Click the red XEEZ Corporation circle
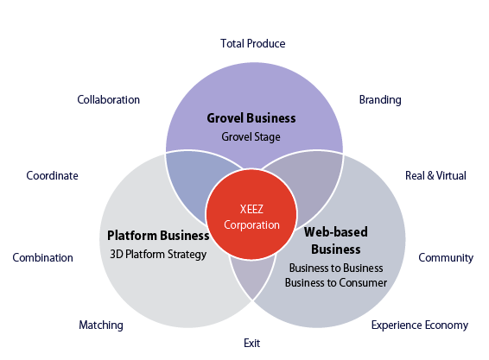pos(251,214)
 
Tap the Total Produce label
pos(253,44)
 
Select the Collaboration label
pos(109,100)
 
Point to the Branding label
pos(380,100)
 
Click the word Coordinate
pos(52,175)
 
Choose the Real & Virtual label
pos(435,175)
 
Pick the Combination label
pos(42,258)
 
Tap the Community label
pos(446,258)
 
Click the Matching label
pos(101,325)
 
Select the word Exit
pos(252,344)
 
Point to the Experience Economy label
pos(420,325)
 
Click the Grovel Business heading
pos(251,118)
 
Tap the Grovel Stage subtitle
pos(251,137)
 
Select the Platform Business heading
pos(158,236)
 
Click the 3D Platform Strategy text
pos(158,255)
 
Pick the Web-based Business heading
pos(336,241)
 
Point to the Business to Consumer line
pos(336,282)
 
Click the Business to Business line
pos(336,268)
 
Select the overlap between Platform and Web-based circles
pos(252,276)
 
